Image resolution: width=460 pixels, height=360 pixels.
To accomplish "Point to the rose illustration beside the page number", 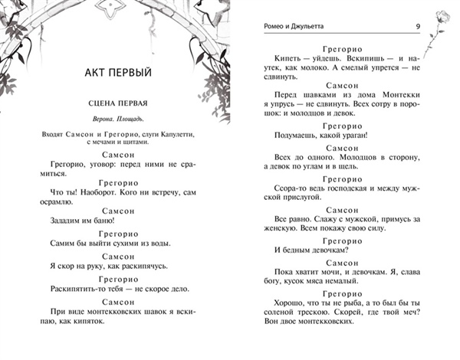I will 442,27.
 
